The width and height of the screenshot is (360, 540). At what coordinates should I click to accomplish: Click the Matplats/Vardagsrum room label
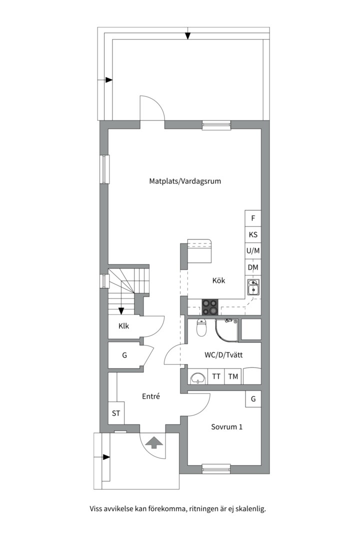tap(185, 181)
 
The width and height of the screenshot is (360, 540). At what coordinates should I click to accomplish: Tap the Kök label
tap(218, 280)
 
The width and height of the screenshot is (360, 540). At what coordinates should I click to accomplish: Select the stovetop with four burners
tap(210, 307)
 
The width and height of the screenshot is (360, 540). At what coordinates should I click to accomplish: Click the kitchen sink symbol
tap(253, 287)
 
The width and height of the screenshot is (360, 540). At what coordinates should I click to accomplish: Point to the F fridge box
tap(253, 218)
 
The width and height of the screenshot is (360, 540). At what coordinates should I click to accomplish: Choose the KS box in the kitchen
tap(253, 235)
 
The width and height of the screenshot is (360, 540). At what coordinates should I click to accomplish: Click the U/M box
tap(253, 251)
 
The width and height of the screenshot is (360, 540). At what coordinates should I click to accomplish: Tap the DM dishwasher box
tap(253, 267)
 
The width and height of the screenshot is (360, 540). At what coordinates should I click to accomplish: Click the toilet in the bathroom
tap(201, 327)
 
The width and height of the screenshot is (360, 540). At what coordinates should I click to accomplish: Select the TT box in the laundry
tap(216, 376)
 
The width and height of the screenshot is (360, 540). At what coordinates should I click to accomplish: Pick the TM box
tap(233, 376)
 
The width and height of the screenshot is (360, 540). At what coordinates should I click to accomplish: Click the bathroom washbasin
tap(198, 378)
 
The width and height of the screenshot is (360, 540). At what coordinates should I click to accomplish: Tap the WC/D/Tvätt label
tap(223, 354)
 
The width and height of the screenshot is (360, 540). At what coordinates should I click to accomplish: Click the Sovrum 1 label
tap(226, 427)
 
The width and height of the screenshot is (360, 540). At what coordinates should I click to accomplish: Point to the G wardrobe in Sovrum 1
tap(253, 399)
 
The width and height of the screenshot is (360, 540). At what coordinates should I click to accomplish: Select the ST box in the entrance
tap(116, 413)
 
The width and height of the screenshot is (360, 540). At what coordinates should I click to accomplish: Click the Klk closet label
tap(123, 326)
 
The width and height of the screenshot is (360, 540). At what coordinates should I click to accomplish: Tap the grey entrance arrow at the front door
tap(154, 442)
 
